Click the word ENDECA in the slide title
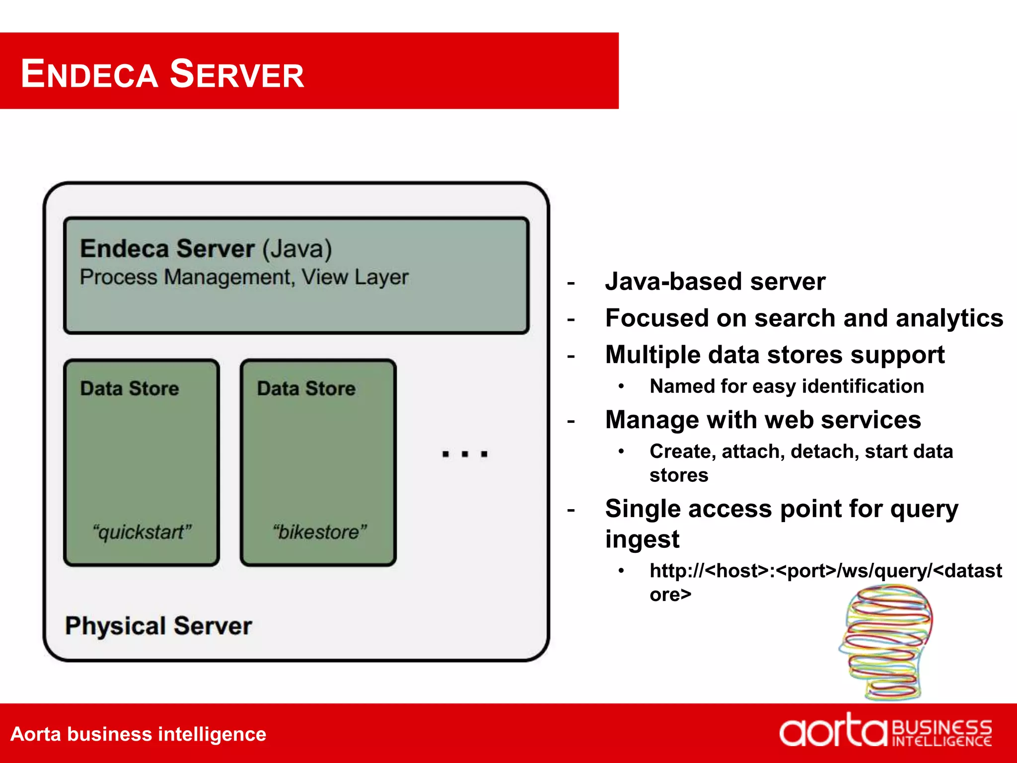coord(89,74)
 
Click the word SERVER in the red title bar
coord(237,74)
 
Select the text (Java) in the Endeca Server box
coord(297,249)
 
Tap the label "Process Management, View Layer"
coord(244,277)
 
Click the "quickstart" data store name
coord(142,532)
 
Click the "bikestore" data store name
coord(319,532)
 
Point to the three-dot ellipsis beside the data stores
coord(465,454)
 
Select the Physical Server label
coord(158,626)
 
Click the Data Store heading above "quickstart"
coord(130,388)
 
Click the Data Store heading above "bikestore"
coord(306,388)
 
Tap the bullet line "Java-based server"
coord(715,282)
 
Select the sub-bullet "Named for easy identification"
coord(787,386)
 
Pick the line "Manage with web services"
coord(763,420)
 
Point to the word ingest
coord(642,539)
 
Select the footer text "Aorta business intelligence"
coord(138,734)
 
